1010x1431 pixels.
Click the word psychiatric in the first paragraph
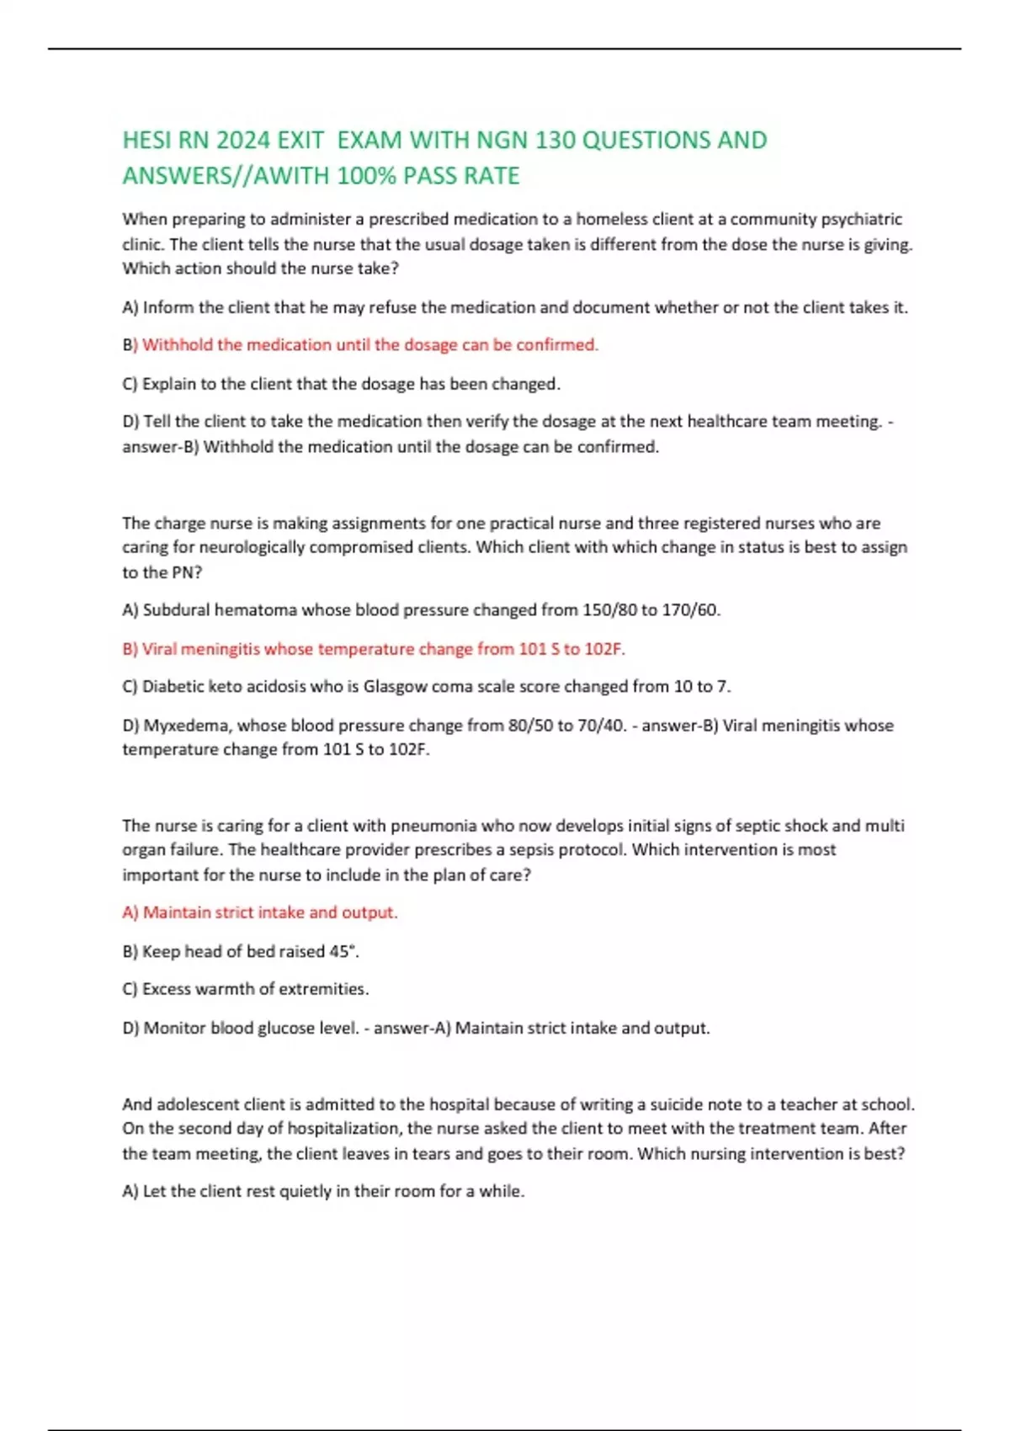[x=861, y=219]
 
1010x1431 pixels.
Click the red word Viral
[x=159, y=649]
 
